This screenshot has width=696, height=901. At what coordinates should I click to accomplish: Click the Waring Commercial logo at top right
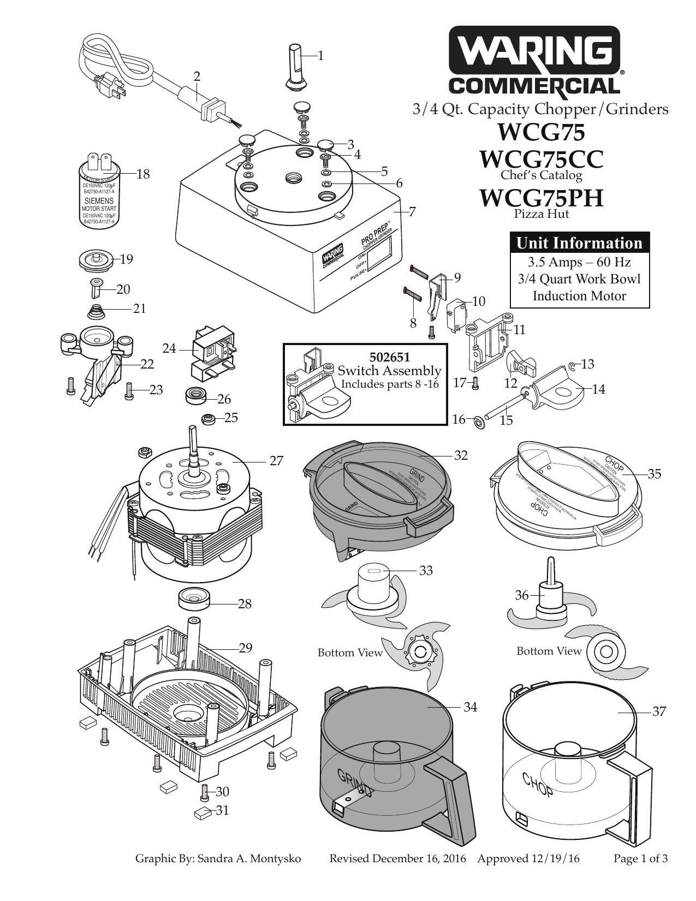(534, 61)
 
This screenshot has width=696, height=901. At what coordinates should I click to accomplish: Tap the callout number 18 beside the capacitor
(142, 174)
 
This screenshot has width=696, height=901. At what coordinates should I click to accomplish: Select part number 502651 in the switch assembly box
(389, 358)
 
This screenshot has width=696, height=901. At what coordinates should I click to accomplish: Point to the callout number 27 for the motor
(277, 461)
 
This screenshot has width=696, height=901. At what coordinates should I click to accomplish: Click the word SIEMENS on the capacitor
(99, 201)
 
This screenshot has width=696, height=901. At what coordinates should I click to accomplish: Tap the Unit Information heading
(579, 242)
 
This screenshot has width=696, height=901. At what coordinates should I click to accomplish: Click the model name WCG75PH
(541, 198)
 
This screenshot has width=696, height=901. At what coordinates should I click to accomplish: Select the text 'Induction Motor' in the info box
(579, 296)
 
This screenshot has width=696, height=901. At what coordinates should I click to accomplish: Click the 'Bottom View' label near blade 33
(350, 653)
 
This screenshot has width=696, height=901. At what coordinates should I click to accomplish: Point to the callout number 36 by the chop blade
(522, 595)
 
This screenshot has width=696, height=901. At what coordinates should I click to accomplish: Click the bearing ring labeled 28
(195, 598)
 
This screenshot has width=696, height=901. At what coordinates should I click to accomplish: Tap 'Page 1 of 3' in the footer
(640, 858)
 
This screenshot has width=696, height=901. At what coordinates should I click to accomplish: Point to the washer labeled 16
(479, 421)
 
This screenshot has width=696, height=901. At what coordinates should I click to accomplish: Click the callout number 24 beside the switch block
(170, 348)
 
